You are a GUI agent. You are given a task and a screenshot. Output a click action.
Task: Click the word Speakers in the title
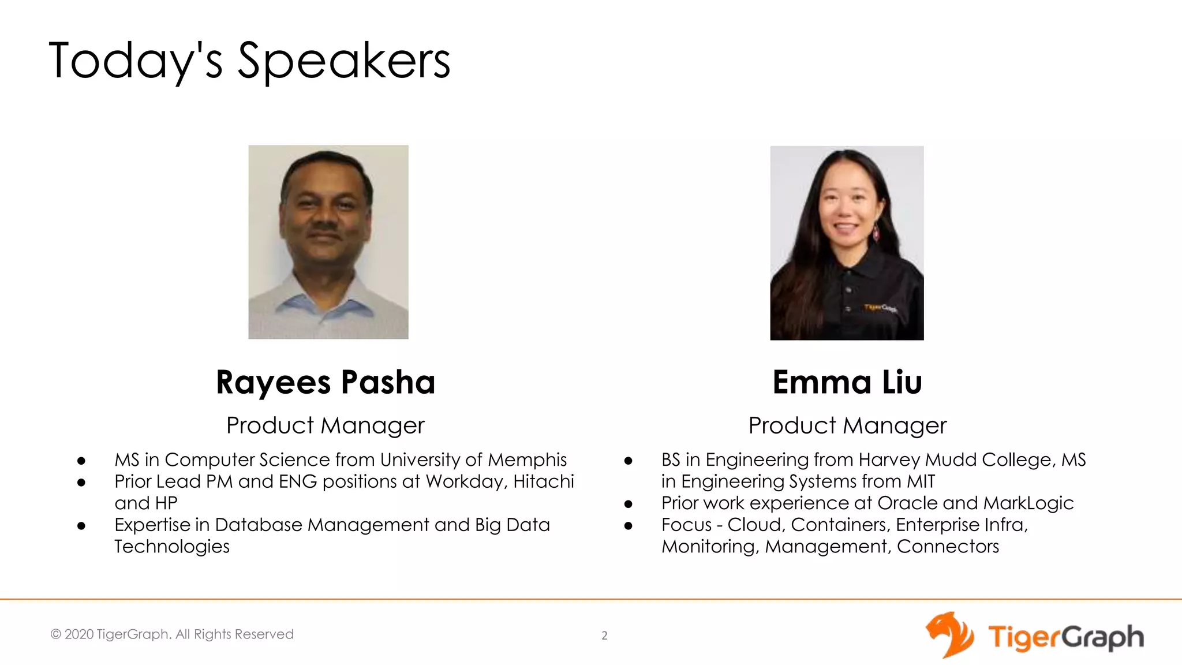(344, 61)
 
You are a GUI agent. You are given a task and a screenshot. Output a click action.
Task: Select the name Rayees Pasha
(326, 382)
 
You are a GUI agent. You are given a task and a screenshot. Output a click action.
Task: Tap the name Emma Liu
(847, 382)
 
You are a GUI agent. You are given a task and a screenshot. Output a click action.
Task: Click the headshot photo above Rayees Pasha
(328, 242)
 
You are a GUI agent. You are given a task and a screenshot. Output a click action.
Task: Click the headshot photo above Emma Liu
(847, 242)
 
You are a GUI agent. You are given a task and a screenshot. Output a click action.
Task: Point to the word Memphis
(527, 459)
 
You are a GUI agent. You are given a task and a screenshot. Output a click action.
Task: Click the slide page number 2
(604, 636)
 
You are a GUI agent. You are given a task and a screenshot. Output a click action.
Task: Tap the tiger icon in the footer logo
(949, 635)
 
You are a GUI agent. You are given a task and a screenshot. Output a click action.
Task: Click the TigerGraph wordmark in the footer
(1065, 637)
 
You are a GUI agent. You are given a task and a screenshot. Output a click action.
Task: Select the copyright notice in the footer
(172, 634)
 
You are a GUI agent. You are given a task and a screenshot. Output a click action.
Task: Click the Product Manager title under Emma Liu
(847, 425)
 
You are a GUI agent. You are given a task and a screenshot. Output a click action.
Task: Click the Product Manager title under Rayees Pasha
(326, 425)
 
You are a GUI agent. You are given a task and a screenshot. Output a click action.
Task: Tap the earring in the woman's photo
(876, 233)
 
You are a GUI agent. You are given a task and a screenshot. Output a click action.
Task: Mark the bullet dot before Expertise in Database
(81, 525)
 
